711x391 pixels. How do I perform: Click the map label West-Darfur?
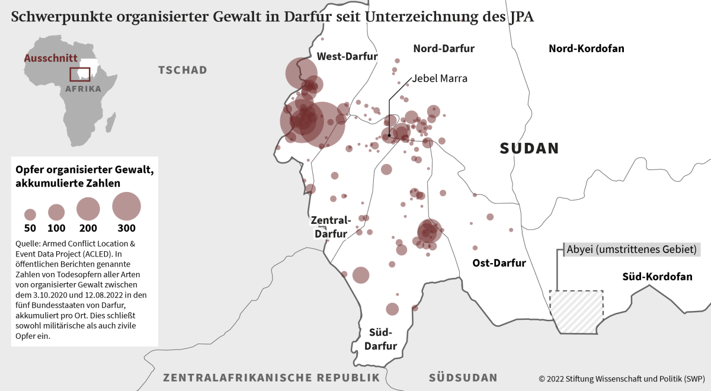click(347, 57)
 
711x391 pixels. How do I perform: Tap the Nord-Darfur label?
click(444, 49)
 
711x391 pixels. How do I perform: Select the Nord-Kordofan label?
click(586, 49)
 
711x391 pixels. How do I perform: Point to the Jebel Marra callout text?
click(440, 78)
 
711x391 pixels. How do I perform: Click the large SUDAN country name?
click(529, 148)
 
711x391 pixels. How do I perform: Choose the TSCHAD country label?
click(182, 70)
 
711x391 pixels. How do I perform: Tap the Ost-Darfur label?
click(499, 263)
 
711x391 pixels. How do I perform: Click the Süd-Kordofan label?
click(657, 277)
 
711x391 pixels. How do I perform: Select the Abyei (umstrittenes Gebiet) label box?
click(631, 249)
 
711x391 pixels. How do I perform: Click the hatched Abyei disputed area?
click(576, 311)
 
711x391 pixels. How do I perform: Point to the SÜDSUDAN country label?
click(463, 377)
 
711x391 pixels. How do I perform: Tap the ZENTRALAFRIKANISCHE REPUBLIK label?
click(271, 377)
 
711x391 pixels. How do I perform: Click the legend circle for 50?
click(30, 214)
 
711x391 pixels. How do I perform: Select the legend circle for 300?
click(126, 206)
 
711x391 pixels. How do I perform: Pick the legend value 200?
click(88, 228)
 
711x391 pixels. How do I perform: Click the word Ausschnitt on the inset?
click(50, 58)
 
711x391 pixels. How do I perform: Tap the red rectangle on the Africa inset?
click(80, 74)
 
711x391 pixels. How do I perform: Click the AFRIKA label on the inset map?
click(83, 89)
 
